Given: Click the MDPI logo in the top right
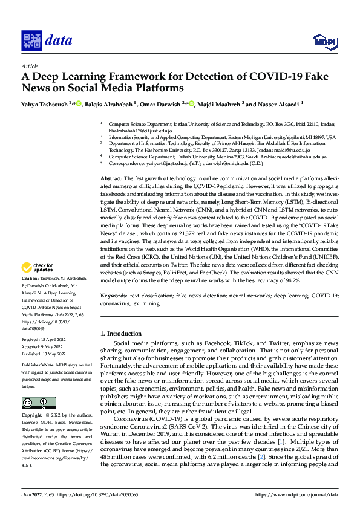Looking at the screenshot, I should coord(322,41).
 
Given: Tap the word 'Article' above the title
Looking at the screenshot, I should coord(30,66).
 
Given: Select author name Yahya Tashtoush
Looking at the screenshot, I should coord(44,104).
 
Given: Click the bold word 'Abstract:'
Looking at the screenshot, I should coord(111,180).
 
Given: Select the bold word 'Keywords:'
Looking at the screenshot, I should coord(114,296).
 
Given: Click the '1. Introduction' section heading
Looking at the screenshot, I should coord(120,334).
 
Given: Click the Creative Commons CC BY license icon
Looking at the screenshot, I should coord(38,403).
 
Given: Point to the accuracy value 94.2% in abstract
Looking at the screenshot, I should coord(292,280).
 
